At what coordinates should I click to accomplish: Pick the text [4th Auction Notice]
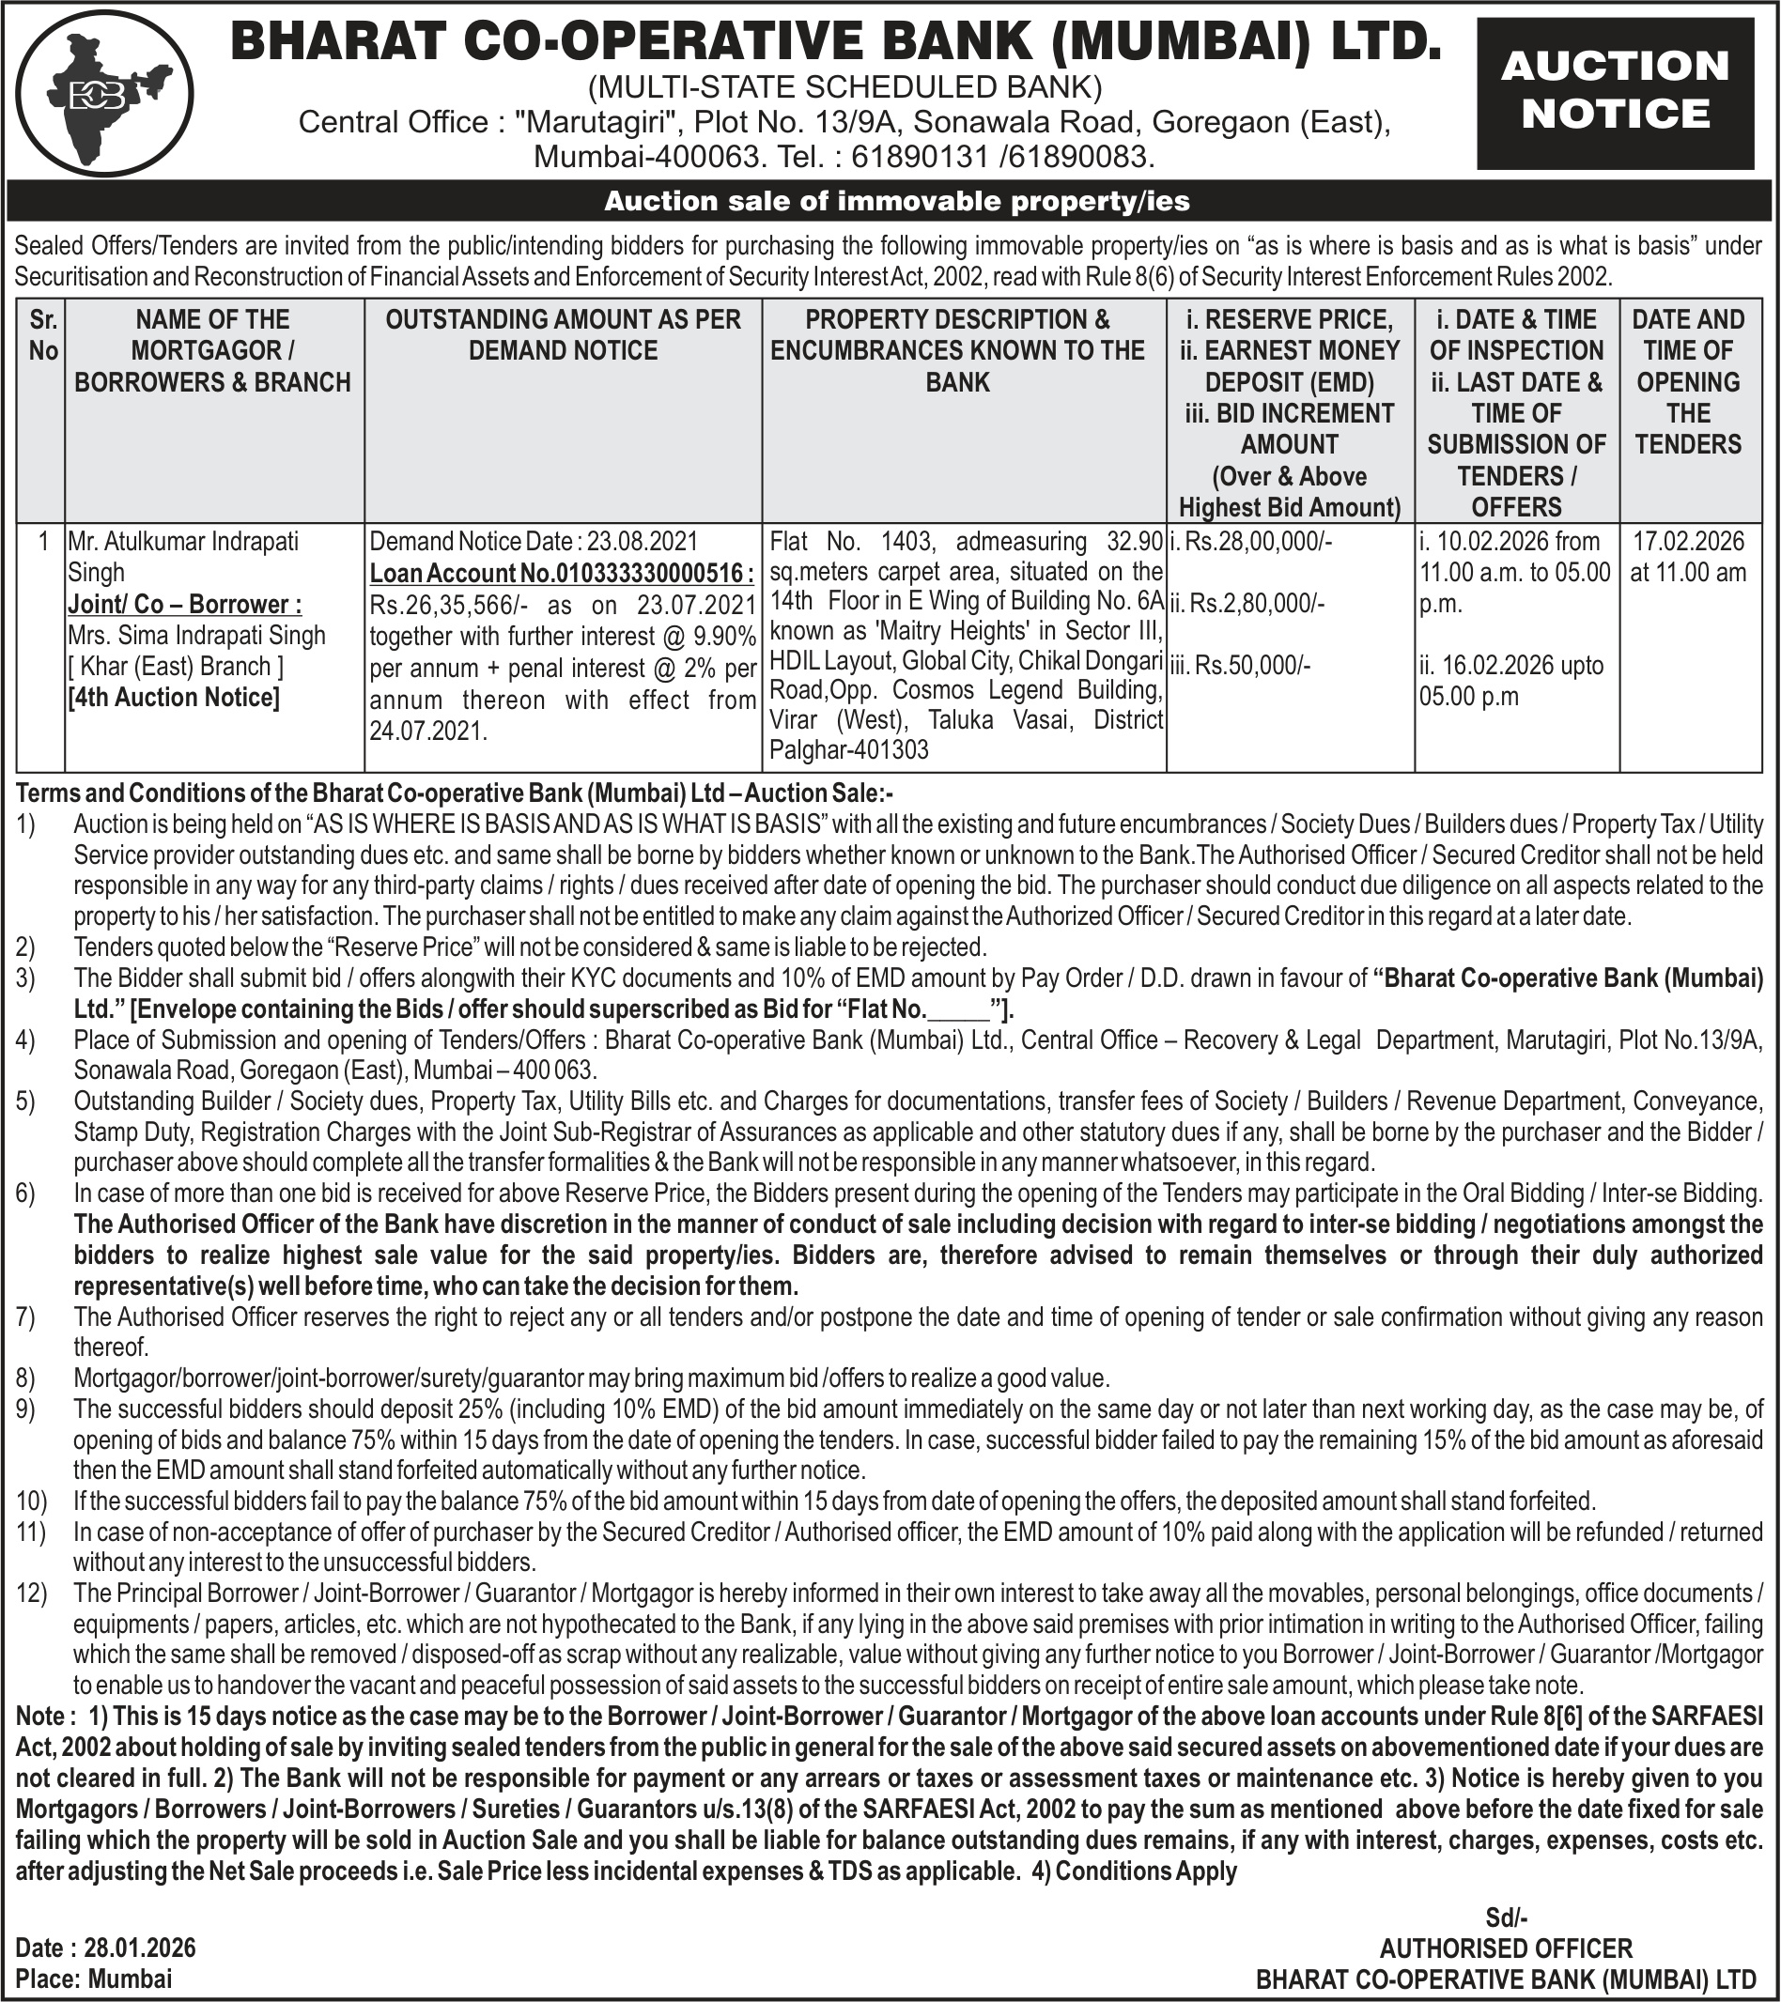(x=174, y=698)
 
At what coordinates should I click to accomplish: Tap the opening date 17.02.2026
(x=1688, y=542)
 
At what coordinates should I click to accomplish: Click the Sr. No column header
(x=42, y=335)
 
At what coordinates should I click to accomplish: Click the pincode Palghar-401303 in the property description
(x=849, y=750)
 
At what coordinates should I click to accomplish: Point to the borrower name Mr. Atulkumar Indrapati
(x=182, y=542)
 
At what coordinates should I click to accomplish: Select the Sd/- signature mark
(x=1506, y=1917)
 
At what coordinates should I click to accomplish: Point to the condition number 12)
(x=30, y=1594)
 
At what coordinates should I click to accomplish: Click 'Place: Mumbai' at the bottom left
(x=94, y=1978)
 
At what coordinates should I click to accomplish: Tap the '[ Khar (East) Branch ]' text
(x=176, y=667)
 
